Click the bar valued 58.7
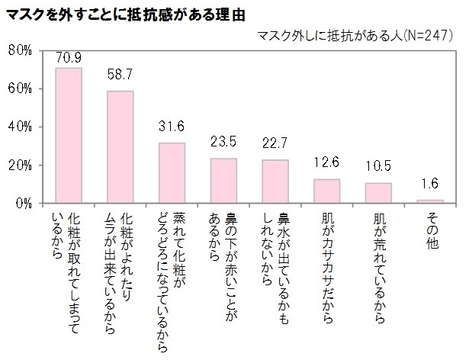pyautogui.click(x=120, y=147)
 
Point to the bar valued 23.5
pyautogui.click(x=223, y=181)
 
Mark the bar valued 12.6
pyautogui.click(x=326, y=191)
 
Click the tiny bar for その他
pyautogui.click(x=429, y=201)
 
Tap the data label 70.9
pyautogui.click(x=69, y=57)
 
